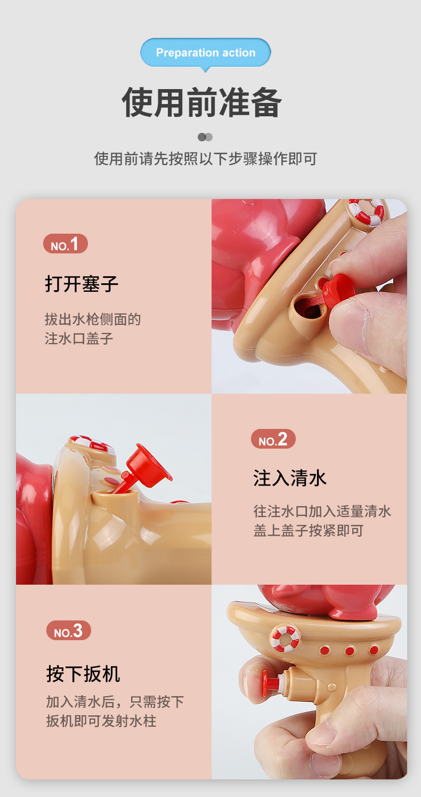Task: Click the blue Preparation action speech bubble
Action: [206, 53]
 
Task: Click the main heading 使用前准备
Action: [201, 102]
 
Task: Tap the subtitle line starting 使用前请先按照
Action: [206, 158]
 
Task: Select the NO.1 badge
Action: [65, 244]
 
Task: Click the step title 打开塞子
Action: [82, 283]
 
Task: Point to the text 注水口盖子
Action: [79, 339]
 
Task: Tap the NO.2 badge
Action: [273, 440]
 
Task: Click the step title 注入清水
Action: [290, 477]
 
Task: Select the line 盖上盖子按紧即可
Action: [308, 531]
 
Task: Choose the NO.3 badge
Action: [68, 631]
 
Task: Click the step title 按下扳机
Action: [83, 674]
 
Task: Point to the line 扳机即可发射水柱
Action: [101, 721]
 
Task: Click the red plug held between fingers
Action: [338, 291]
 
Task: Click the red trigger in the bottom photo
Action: [272, 682]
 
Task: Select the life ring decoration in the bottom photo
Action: [285, 639]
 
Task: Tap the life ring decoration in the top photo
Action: [367, 211]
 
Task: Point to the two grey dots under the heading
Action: [205, 137]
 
